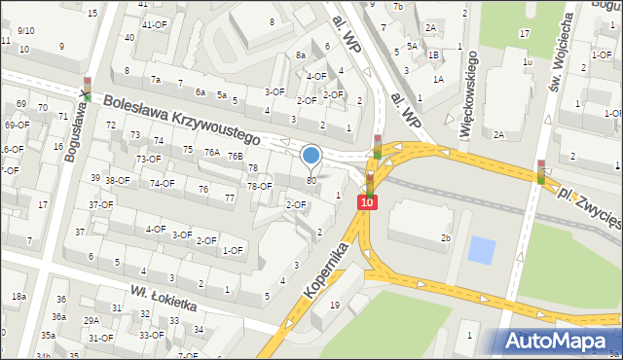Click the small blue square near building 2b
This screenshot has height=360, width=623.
(481, 249)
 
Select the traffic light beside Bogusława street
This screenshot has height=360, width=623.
(88, 89)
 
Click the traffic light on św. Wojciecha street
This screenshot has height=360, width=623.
(541, 171)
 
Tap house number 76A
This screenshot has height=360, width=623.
(211, 152)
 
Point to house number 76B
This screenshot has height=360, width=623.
(235, 156)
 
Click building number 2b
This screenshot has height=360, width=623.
(446, 237)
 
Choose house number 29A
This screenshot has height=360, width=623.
(92, 320)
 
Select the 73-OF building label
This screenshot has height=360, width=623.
(148, 159)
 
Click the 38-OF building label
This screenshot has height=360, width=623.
(117, 180)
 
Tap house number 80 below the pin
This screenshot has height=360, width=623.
(311, 180)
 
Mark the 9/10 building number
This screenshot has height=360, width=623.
(25, 30)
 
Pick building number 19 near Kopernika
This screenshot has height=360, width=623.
(334, 306)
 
